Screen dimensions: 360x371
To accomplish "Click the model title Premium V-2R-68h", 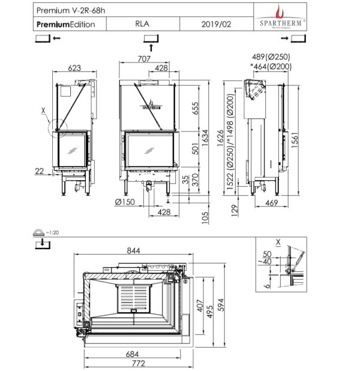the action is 71,10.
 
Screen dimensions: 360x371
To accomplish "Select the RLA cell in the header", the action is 142,23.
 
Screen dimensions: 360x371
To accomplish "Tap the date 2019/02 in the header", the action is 216,24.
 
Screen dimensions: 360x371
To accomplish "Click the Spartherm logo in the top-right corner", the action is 280,17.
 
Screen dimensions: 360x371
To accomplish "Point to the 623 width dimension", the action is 74,68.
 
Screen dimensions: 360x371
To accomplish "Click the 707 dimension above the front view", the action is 144,59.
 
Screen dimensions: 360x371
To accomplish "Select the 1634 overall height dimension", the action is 205,137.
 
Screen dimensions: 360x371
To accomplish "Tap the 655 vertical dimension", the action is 196,108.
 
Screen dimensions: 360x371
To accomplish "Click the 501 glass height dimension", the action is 196,148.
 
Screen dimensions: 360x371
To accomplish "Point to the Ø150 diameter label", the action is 125,202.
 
